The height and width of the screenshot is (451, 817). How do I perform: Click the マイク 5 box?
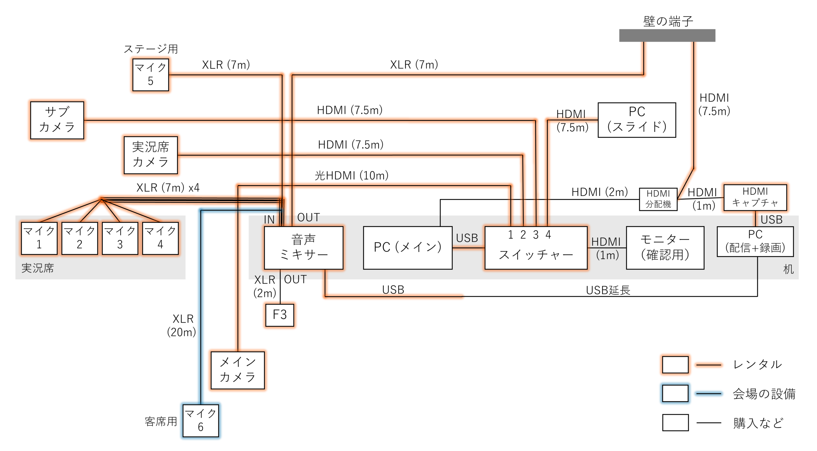click(151, 75)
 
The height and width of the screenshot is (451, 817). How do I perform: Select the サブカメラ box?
click(57, 120)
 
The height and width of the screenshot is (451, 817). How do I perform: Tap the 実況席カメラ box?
click(151, 155)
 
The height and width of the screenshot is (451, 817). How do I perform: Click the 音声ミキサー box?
click(304, 248)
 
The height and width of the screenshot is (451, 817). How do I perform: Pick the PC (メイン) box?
click(408, 248)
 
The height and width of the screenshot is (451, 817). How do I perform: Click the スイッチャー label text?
click(536, 255)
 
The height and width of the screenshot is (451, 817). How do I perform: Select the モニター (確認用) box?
click(665, 248)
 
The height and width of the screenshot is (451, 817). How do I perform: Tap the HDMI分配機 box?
click(658, 199)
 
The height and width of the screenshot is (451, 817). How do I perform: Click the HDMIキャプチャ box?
click(755, 197)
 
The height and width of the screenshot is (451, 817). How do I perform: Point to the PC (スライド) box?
click(637, 120)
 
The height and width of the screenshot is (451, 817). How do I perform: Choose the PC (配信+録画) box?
click(755, 241)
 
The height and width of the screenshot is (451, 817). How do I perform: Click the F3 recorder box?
click(280, 315)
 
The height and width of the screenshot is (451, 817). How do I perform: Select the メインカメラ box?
click(238, 370)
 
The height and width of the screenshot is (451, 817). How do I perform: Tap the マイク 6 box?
click(201, 421)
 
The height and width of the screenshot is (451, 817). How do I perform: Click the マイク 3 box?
click(120, 238)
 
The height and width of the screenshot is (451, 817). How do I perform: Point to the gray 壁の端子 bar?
click(667, 35)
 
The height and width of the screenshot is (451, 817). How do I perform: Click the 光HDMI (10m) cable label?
click(351, 175)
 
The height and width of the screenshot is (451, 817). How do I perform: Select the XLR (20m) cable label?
click(182, 326)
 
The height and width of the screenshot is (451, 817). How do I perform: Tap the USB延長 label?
click(608, 290)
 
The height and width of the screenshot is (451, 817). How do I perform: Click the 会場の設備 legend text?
click(764, 394)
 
